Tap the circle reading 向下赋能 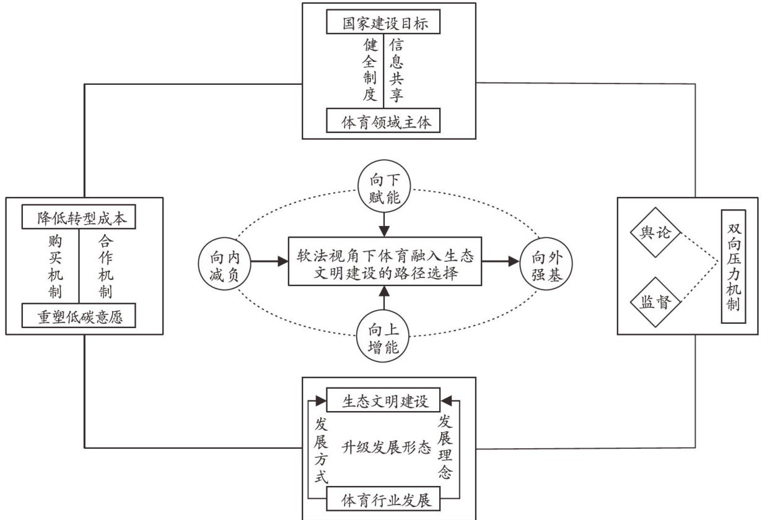click(384, 191)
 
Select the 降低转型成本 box click(79, 218)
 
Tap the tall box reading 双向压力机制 click(734, 266)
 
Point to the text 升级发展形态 click(385, 448)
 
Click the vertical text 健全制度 click(370, 70)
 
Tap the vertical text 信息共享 click(397, 70)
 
